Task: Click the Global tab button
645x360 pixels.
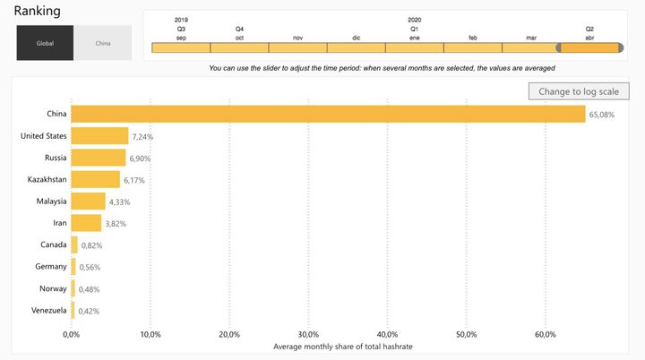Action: [x=45, y=43]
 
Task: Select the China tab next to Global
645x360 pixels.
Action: [x=102, y=43]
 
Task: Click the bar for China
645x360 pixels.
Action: [x=328, y=114]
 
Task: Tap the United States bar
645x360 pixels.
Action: [x=99, y=136]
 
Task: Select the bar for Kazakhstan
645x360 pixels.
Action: [x=95, y=179]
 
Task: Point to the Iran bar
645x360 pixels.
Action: [x=86, y=223]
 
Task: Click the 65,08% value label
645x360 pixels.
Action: [x=601, y=115]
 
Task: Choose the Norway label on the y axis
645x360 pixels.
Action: [x=51, y=288]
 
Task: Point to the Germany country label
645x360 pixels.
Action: [x=49, y=267]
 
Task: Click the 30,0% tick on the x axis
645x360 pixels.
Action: [x=308, y=334]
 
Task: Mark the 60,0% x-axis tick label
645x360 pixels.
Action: [x=545, y=334]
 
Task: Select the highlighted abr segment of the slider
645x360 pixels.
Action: [x=589, y=47]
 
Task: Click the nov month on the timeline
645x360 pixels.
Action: [x=297, y=47]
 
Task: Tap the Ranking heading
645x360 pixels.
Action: [x=37, y=11]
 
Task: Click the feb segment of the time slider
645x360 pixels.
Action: [x=472, y=47]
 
